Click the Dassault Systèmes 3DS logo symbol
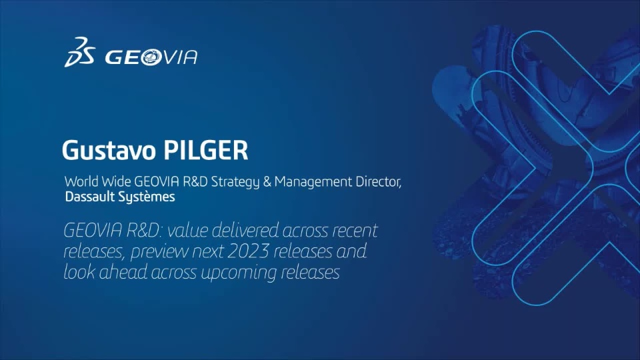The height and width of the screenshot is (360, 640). click(79, 52)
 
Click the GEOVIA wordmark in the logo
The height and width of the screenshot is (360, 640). click(151, 57)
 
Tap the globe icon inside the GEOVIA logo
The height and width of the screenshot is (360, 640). click(151, 57)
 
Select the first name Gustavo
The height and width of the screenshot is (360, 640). click(109, 150)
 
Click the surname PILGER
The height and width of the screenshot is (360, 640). click(206, 150)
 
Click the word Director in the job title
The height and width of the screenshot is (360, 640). click(379, 181)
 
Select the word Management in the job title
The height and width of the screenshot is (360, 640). click(313, 182)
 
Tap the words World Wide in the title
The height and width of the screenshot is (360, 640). click(97, 181)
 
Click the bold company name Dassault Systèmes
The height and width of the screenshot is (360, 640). click(120, 197)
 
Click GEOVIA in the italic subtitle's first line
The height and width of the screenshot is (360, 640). click(93, 231)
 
